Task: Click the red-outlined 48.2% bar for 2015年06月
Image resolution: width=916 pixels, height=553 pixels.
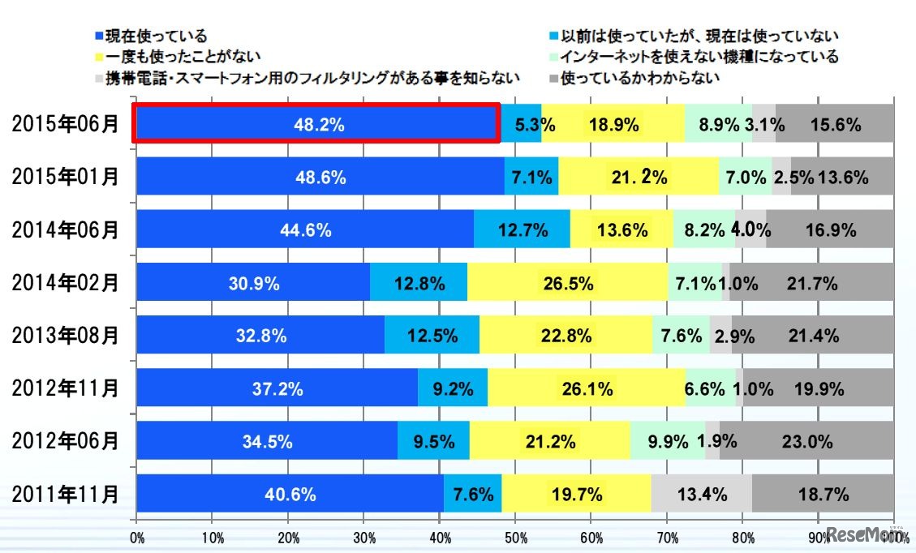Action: pos(316,124)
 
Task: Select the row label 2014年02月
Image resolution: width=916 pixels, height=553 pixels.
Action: pos(65,283)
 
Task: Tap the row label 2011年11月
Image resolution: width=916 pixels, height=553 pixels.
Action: pos(65,494)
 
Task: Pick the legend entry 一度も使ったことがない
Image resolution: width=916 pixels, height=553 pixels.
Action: pos(166,58)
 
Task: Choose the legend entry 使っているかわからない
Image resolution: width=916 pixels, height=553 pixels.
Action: pos(640,79)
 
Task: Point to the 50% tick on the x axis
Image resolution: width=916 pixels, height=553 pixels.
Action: pos(515,537)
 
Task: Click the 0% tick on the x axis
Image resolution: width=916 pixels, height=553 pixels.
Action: pos(136,537)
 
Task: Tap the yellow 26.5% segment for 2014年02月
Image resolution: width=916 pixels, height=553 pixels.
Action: pos(567,283)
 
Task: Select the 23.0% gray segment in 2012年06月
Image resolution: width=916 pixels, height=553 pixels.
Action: pos(806,441)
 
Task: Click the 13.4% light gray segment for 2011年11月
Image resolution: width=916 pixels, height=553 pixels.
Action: pos(701,494)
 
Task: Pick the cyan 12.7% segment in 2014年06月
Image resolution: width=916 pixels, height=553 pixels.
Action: pos(522,229)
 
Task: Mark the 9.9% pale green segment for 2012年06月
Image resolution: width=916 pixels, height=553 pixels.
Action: pos(667,441)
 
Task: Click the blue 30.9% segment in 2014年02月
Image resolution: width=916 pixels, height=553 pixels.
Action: pos(253,283)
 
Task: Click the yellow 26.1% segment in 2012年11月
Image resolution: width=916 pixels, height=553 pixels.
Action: pos(586,388)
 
